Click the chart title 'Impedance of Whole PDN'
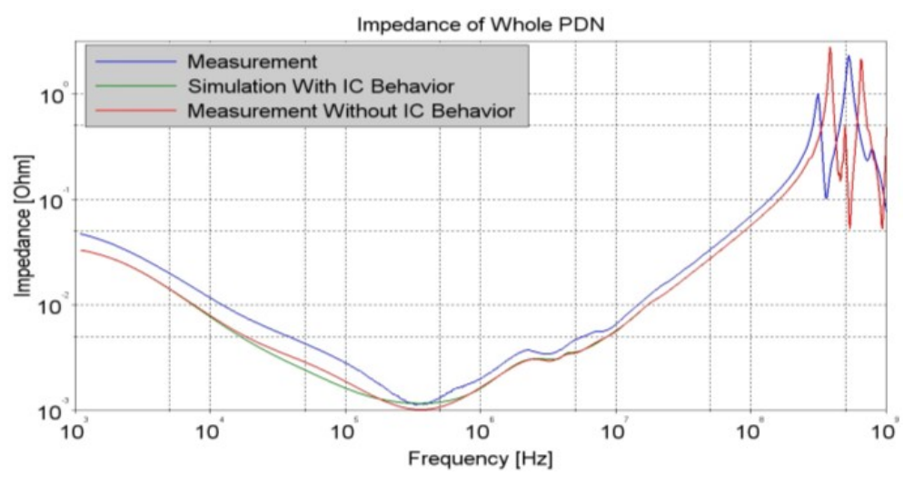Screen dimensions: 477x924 coord(480,25)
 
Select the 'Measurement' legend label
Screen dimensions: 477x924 coord(252,62)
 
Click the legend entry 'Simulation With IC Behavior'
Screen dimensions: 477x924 coord(321,86)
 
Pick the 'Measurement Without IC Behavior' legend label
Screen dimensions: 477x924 coord(351,111)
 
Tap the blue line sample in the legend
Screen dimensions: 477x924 coord(133,62)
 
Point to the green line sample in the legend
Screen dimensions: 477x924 coord(133,86)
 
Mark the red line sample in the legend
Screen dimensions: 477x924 coord(133,111)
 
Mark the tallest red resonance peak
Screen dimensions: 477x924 coord(830,49)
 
